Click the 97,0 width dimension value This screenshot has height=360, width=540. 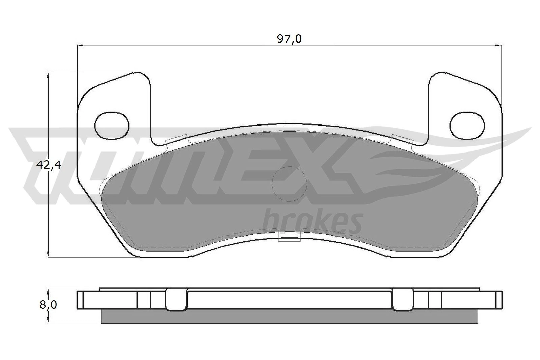click(x=289, y=39)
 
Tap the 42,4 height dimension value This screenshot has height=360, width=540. click(x=49, y=165)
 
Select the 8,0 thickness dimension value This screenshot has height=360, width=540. click(x=48, y=305)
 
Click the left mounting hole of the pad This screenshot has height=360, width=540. click(x=112, y=126)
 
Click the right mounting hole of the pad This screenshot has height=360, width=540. click(x=467, y=126)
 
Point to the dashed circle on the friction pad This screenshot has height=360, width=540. click(x=289, y=184)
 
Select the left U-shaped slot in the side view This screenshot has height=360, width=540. click(x=176, y=300)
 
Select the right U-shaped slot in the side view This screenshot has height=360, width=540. click(x=403, y=300)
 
